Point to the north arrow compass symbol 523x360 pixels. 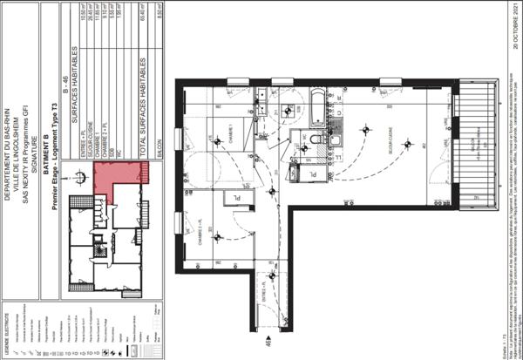(81, 176)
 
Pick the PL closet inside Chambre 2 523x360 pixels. (235, 199)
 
